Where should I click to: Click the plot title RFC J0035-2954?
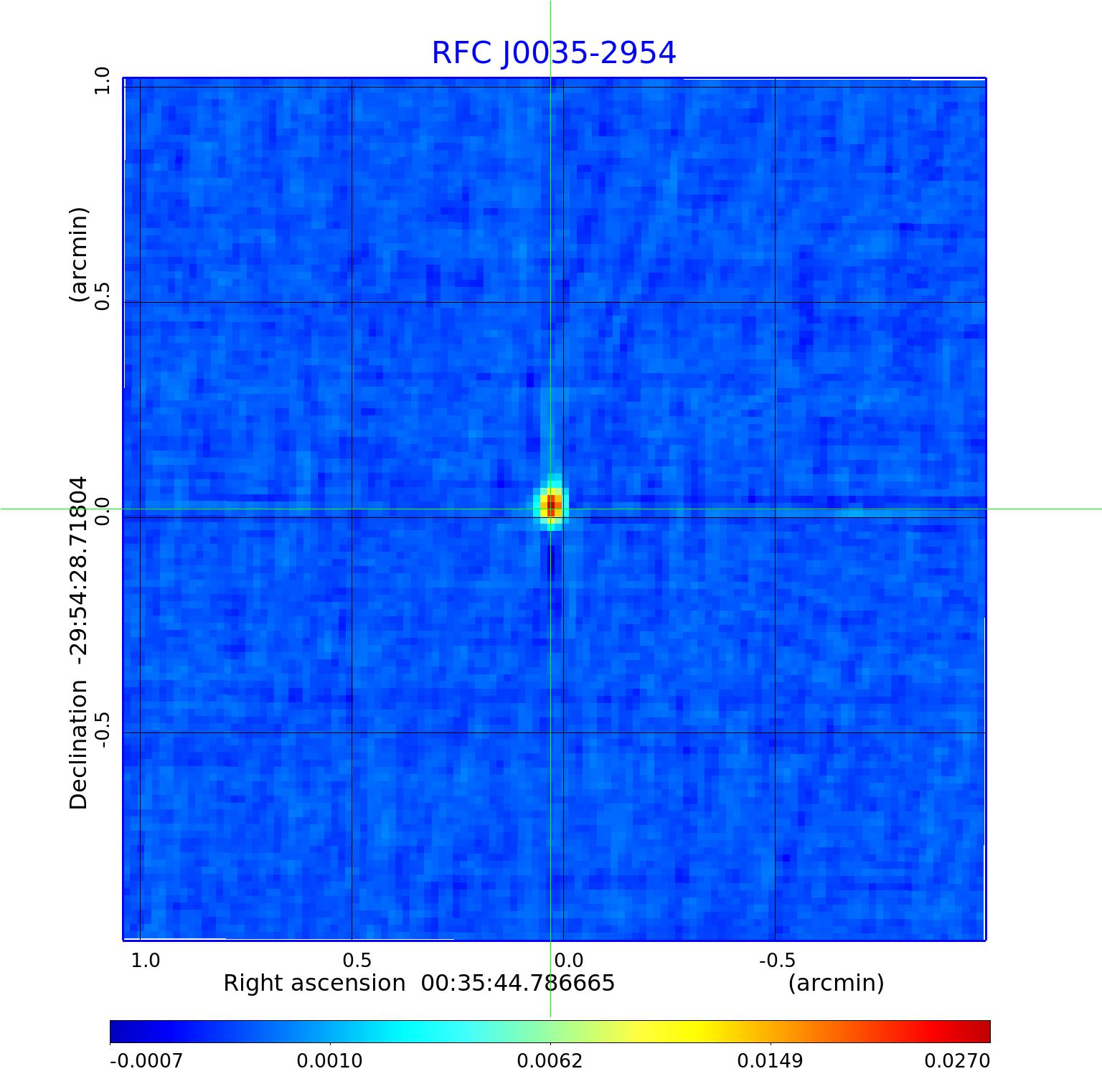tap(553, 53)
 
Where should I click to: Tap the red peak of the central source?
tap(551, 505)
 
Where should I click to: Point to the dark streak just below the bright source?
tap(551, 563)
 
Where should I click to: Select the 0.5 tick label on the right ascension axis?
tap(357, 960)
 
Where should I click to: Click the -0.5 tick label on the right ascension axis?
tap(777, 960)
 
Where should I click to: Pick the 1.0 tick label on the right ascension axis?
tap(146, 960)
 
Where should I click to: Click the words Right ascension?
tap(314, 983)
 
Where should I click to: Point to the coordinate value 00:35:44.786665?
tap(518, 983)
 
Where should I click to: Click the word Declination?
tap(78, 745)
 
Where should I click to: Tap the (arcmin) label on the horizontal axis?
tap(836, 983)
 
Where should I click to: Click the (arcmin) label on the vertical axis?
tap(78, 255)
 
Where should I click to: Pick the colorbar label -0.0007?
tap(146, 1060)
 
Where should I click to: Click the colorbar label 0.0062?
tap(550, 1060)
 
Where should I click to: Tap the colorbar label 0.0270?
tap(956, 1060)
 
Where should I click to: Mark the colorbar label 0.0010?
tap(329, 1060)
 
